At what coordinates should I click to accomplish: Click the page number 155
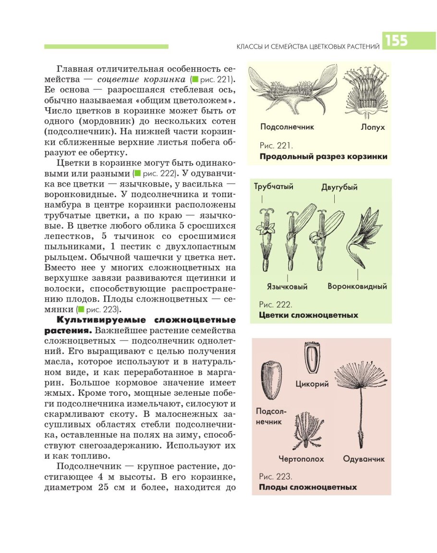point(396,41)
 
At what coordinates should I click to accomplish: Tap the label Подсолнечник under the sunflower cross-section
point(287,127)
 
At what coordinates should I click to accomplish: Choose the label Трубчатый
point(274,187)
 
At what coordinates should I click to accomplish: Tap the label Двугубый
point(339,188)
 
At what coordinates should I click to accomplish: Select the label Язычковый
point(287,287)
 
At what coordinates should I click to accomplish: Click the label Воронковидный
point(357,287)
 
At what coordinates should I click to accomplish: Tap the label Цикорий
point(312,384)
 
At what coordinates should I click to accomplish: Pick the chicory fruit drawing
point(312,358)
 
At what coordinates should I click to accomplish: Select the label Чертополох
point(301,459)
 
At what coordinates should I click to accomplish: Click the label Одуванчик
point(364,459)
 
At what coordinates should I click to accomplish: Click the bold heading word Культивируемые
point(98,320)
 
